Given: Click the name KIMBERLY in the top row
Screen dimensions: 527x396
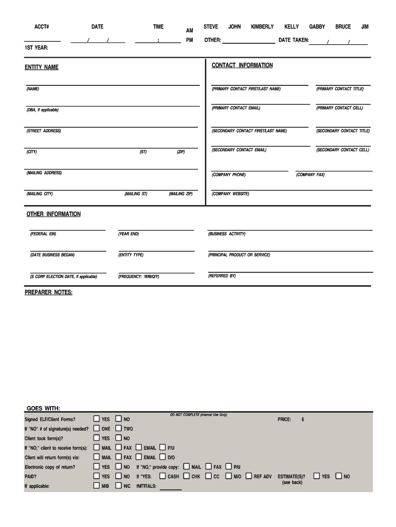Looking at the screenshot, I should coord(262,27).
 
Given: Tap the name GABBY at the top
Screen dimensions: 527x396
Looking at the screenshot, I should coord(317,27).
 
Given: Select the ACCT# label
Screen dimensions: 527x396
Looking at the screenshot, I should coord(42,27).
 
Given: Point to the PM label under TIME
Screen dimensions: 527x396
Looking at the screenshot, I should coord(190,40).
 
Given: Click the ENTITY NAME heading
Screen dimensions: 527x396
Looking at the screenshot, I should coord(42,67).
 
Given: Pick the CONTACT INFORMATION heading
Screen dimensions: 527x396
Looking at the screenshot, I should coord(242,65).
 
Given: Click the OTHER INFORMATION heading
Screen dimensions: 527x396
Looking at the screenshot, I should coord(53,214).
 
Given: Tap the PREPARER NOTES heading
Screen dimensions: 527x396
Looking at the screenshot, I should coord(49,293).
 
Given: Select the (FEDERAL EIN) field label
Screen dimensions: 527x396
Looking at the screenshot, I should coord(43,234).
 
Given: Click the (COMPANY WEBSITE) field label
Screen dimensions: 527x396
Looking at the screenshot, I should coord(230,194).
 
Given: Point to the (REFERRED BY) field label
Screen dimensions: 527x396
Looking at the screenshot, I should coord(222,276).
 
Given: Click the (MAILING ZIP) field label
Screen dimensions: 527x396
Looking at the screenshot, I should coord(181,194).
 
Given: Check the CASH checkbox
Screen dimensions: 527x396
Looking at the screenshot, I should coord(163,476).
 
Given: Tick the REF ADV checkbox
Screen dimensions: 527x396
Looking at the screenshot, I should coord(249,476).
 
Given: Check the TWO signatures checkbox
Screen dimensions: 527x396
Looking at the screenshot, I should coord(119,428).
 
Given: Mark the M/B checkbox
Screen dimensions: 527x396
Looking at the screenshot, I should coord(96,485).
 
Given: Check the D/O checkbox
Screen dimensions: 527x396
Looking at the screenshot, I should coord(163,457).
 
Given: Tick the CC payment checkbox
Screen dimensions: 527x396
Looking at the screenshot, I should coord(208,476).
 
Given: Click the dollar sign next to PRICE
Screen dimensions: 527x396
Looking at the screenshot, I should coord(303,419).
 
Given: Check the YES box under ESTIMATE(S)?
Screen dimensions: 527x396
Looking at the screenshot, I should coord(317,476).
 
